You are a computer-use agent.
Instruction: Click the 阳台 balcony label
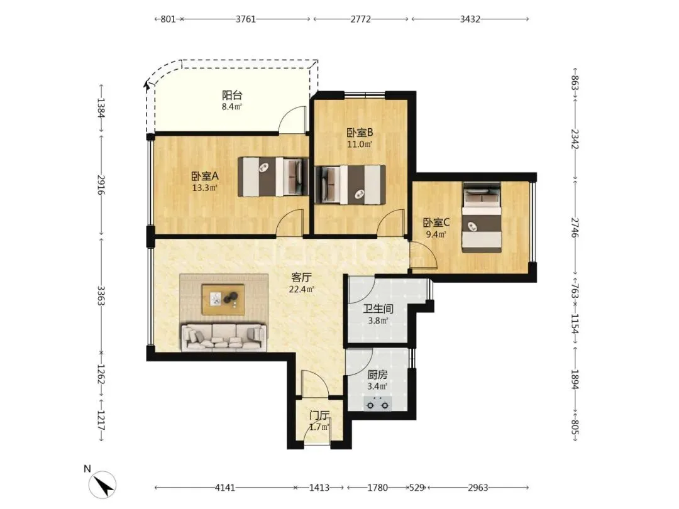pyautogui.click(x=231, y=96)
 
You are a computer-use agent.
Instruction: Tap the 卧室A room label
pyautogui.click(x=205, y=176)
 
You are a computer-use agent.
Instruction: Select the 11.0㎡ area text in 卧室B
pyautogui.click(x=360, y=144)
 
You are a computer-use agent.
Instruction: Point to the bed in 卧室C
pyautogui.click(x=482, y=217)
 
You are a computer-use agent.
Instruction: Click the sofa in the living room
pyautogui.click(x=224, y=337)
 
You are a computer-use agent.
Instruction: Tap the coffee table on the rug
pyautogui.click(x=223, y=300)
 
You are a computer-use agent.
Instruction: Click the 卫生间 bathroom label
pyautogui.click(x=378, y=309)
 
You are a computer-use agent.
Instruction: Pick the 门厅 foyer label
pyautogui.click(x=319, y=415)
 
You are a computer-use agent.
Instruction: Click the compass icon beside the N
pyautogui.click(x=102, y=484)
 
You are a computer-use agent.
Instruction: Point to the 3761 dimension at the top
pyautogui.click(x=246, y=19)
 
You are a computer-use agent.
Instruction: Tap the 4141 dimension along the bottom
pyautogui.click(x=225, y=488)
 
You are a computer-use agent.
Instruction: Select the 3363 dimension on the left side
pyautogui.click(x=101, y=295)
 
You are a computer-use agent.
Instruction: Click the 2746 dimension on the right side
pyautogui.click(x=575, y=227)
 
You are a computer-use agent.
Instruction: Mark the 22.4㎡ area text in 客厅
pyautogui.click(x=301, y=289)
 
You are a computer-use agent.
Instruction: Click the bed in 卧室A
pyautogui.click(x=273, y=176)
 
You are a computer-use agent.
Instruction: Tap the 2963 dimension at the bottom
pyautogui.click(x=478, y=488)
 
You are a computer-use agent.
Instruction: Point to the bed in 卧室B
pyautogui.click(x=350, y=184)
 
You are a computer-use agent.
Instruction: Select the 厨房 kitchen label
pyautogui.click(x=377, y=375)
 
